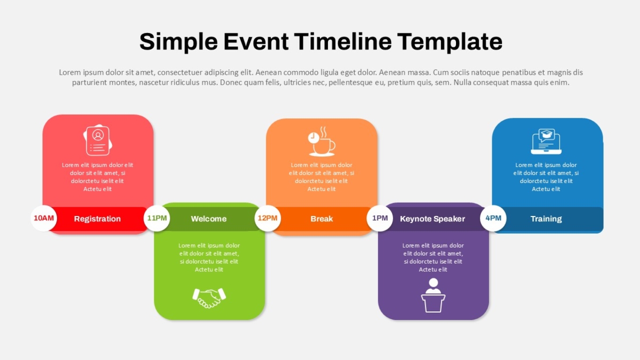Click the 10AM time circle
(x=44, y=218)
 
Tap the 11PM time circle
(x=157, y=218)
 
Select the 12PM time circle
(x=268, y=218)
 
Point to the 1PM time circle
(x=380, y=218)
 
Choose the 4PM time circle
(x=493, y=218)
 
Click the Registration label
(x=98, y=219)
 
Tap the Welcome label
(x=209, y=219)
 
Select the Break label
(x=322, y=219)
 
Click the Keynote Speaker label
(x=433, y=219)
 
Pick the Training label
(x=546, y=219)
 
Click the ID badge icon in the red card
(x=98, y=140)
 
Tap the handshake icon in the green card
(x=209, y=298)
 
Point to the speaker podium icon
(x=433, y=295)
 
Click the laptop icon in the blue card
(x=546, y=141)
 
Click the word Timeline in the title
(x=343, y=42)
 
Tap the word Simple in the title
(x=179, y=42)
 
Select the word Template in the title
(x=450, y=42)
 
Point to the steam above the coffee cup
(x=324, y=132)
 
